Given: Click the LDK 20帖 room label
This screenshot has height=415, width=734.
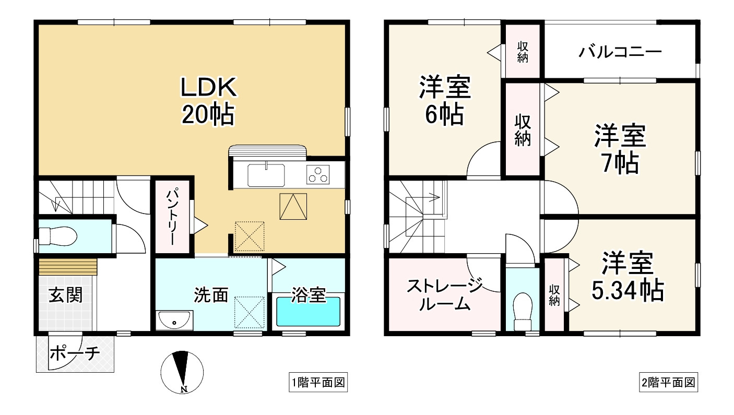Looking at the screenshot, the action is pos(208,101).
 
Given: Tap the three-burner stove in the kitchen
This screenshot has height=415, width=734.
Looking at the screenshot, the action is pos(318,174).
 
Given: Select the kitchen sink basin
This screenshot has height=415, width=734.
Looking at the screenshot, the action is pos(266,175).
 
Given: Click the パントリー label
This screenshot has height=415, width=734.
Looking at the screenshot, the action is pos(173,217).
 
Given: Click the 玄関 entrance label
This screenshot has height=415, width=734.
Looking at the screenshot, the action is pos(66,295).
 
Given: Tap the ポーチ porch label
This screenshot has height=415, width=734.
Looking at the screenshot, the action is pos(75,353).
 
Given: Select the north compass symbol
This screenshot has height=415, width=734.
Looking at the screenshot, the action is pos(182,372).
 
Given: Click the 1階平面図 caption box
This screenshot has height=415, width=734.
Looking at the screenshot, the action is pos(318,382).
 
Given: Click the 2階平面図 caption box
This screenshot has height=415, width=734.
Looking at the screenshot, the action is pos(668,382).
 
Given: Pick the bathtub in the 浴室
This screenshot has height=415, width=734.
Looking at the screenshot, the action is pos(309,312).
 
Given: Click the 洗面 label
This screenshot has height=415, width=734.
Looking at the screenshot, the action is pos(211,295).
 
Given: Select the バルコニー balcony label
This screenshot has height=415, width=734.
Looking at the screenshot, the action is pos(620,52).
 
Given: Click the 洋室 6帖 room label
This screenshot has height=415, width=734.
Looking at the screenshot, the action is pos(445,100).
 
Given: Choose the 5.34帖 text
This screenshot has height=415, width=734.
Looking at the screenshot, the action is pos(628,290).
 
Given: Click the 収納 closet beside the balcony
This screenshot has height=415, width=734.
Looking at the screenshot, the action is pos(523,52).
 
